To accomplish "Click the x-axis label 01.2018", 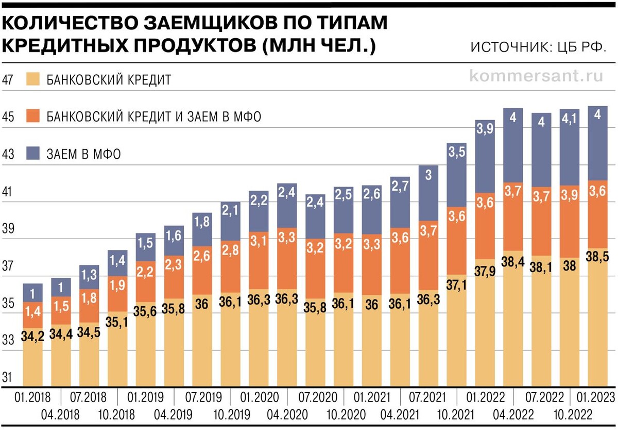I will [32, 397].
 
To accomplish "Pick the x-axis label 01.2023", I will [597, 397].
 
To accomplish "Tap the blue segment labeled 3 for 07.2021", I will [428, 193].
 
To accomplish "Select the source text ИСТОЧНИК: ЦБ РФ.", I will [538, 47].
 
